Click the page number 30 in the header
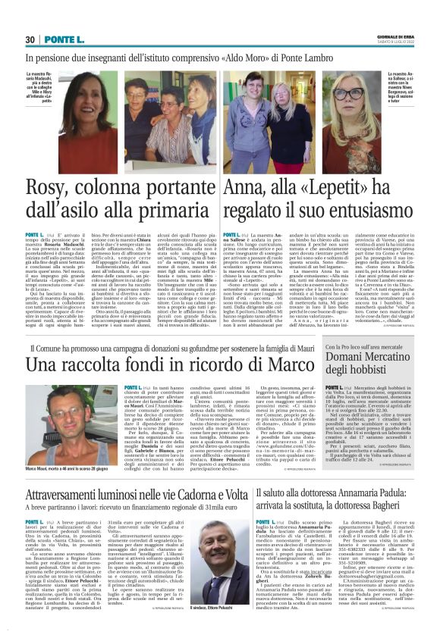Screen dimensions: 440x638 [30, 39]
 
